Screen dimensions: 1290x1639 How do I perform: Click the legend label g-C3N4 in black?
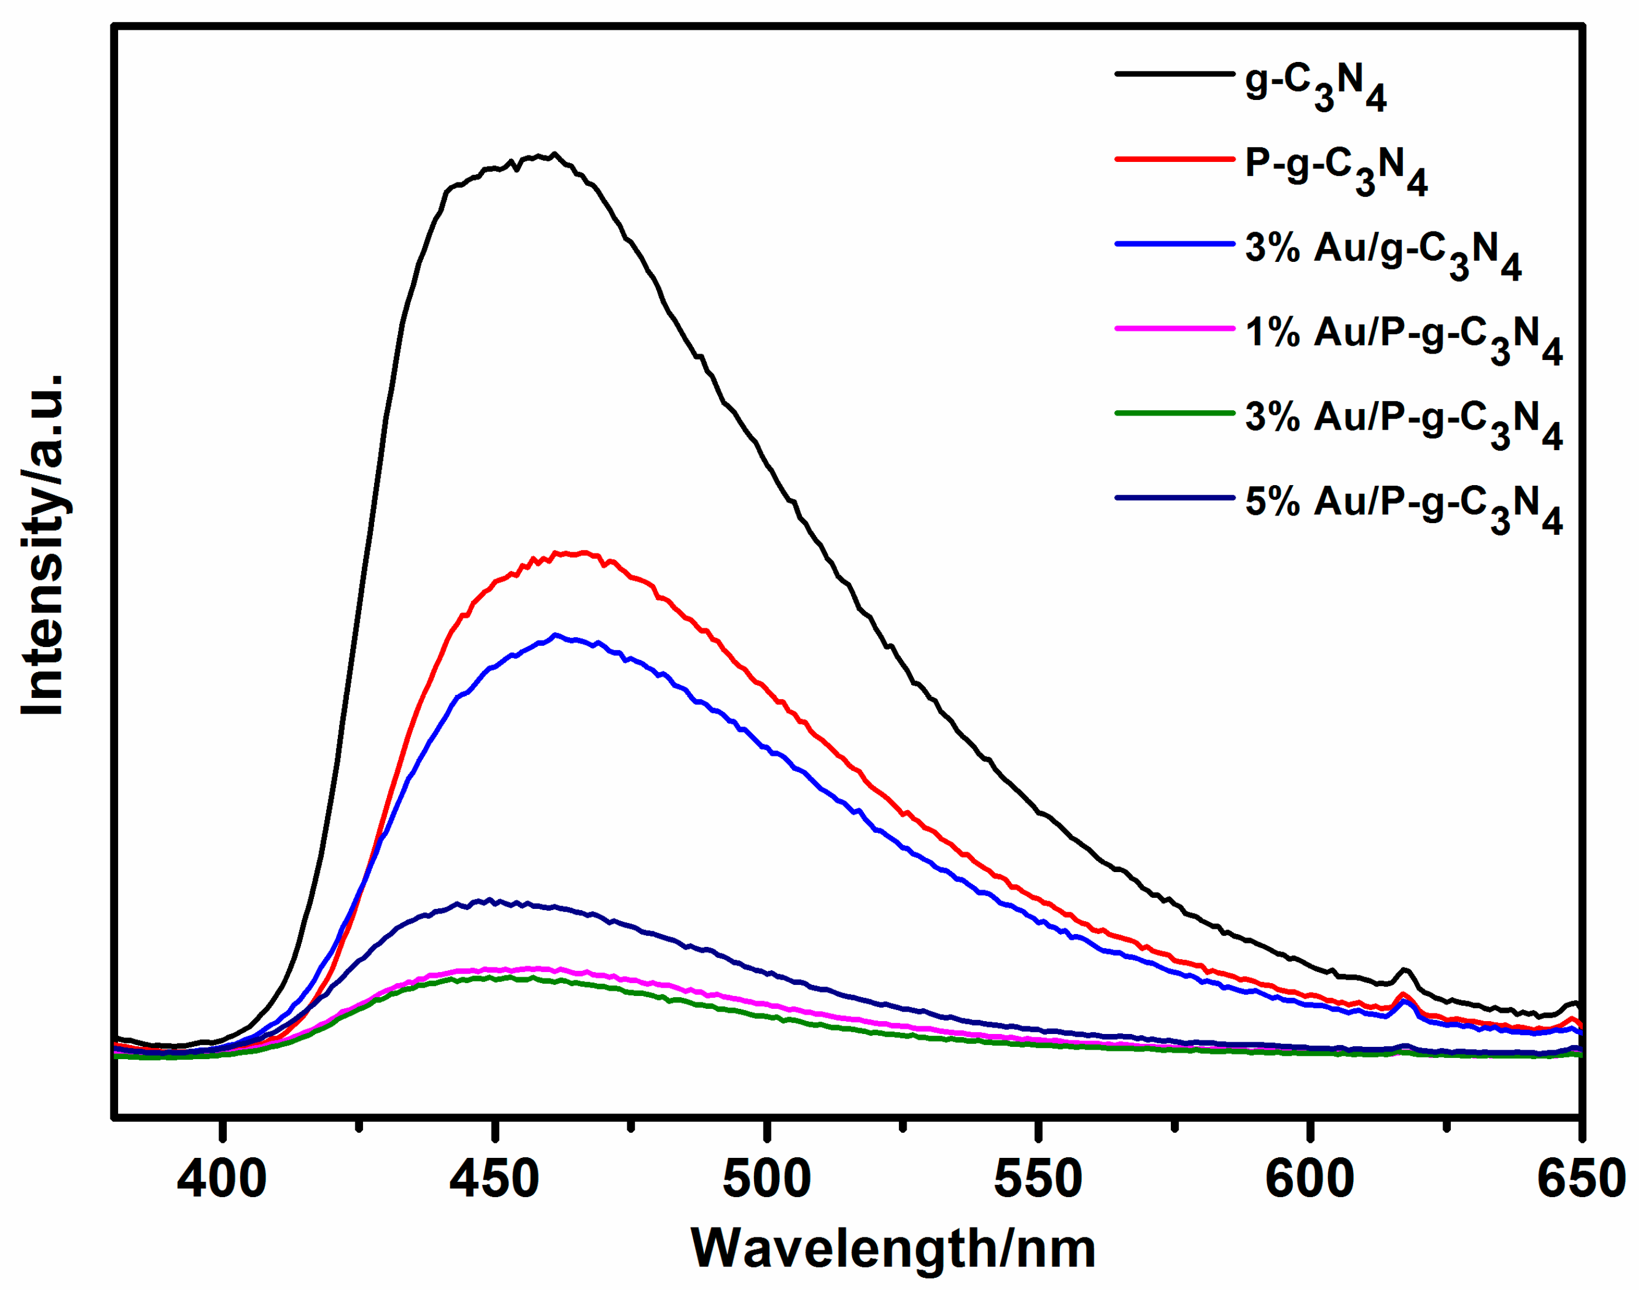pos(1315,87)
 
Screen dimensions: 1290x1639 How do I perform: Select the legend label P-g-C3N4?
pos(1336,171)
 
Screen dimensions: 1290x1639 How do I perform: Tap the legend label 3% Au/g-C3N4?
pos(1382,255)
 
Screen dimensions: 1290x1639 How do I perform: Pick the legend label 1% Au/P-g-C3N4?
pos(1403,340)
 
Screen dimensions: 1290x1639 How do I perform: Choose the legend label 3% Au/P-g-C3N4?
pos(1403,424)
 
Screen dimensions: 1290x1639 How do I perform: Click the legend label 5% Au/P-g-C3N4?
pos(1403,509)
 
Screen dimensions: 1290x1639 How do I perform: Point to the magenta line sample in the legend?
pos(1174,328)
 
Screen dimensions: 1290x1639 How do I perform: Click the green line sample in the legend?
pos(1174,413)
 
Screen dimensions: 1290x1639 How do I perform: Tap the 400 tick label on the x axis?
pos(222,1179)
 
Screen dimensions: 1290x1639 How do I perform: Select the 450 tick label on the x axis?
pos(494,1179)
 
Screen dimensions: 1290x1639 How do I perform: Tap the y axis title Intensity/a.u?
pos(43,544)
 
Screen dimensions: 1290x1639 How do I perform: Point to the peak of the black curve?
pos(554,154)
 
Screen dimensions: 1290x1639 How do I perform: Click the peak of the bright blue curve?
pos(556,635)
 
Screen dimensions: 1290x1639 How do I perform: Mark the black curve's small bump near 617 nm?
pos(1404,969)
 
